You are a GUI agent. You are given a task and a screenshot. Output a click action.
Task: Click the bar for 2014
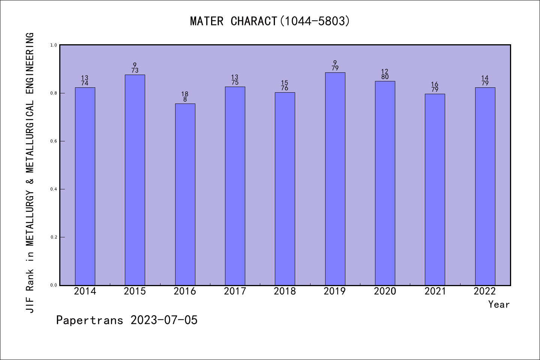click(85, 186)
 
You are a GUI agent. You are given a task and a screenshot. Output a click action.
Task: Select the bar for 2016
click(185, 194)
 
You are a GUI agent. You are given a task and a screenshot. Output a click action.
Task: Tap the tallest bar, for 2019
click(335, 179)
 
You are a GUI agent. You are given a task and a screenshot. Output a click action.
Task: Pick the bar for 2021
click(435, 189)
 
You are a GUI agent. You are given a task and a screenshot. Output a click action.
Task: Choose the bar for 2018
click(285, 189)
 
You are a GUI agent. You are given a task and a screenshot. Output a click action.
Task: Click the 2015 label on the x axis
click(135, 291)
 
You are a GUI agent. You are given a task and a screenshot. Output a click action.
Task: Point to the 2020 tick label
click(385, 291)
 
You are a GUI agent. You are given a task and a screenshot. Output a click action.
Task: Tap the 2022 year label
click(485, 291)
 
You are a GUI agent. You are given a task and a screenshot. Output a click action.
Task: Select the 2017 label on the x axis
click(235, 291)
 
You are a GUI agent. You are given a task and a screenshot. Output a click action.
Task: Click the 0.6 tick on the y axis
click(54, 141)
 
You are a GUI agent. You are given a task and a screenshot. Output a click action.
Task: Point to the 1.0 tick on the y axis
click(54, 45)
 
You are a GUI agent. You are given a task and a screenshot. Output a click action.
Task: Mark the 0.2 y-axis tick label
click(54, 237)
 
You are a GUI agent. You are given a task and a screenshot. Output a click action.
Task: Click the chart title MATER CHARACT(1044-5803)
click(270, 21)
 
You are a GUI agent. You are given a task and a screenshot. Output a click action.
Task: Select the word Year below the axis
click(499, 304)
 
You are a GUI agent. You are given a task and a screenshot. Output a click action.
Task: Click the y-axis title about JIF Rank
click(30, 172)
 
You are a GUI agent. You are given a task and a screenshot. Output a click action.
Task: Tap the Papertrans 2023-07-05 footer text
click(127, 320)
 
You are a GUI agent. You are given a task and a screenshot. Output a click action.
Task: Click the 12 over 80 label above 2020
click(385, 74)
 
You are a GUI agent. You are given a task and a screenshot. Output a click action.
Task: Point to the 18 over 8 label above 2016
click(185, 97)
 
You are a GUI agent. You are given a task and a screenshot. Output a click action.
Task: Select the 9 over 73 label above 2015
click(135, 68)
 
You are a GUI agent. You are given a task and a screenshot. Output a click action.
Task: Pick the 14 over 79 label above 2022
click(485, 81)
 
